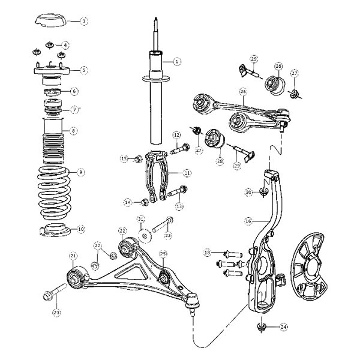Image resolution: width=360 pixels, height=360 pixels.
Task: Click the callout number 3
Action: pos(85,21)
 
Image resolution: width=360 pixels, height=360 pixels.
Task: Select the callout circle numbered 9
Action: pos(82,172)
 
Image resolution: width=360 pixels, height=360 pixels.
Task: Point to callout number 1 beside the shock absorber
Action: pos(177,61)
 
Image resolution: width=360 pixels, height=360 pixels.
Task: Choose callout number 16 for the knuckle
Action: pos(247,221)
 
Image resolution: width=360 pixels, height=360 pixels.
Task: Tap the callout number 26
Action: pos(243,92)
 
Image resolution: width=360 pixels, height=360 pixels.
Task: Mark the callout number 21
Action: pos(73,256)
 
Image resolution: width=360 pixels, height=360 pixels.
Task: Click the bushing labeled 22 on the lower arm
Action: pos(127,247)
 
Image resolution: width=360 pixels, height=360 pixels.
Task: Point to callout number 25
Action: pos(163,254)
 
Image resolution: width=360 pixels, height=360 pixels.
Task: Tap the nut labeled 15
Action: pos(137,158)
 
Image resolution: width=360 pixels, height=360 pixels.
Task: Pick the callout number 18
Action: pos(208,253)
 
